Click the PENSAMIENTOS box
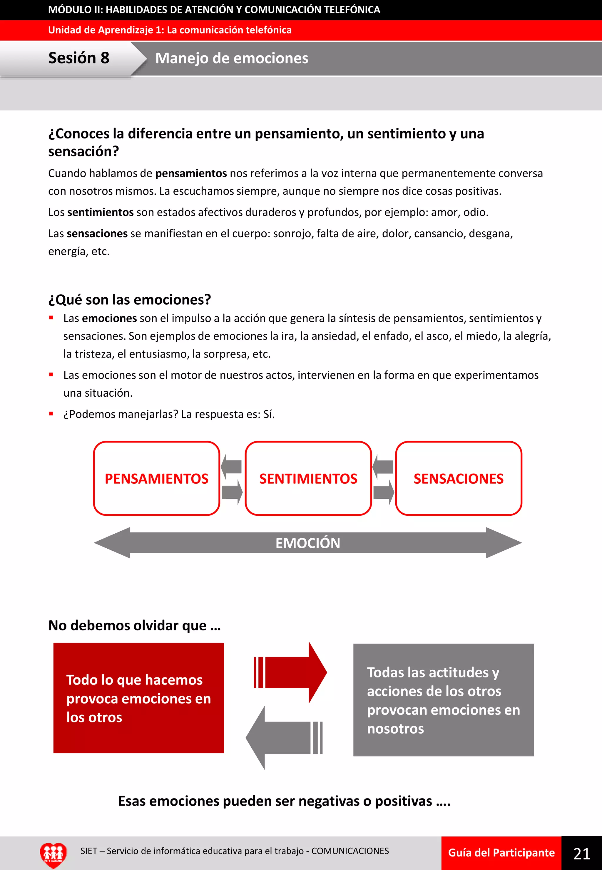(x=157, y=478)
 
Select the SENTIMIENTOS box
(x=308, y=478)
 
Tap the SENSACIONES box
(x=458, y=478)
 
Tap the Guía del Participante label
(x=501, y=853)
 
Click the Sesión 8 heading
(x=78, y=58)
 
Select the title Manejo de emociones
(x=232, y=59)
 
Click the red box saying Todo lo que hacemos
(x=138, y=698)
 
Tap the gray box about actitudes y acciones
(x=443, y=700)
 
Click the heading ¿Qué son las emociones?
(x=129, y=300)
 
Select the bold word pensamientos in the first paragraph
(x=191, y=173)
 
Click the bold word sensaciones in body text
(x=97, y=233)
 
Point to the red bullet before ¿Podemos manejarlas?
(x=51, y=413)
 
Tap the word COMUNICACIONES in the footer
(x=350, y=851)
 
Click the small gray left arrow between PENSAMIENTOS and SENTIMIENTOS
(x=231, y=466)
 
